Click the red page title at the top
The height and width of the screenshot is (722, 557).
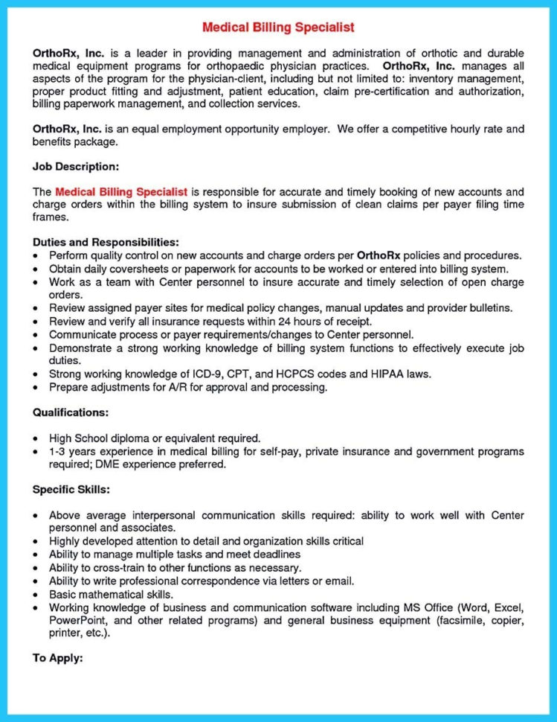[278, 28]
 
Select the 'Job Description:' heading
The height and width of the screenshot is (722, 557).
[76, 166]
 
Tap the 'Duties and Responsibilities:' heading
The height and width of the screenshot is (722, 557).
[105, 242]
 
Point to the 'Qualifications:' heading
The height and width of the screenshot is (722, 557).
[71, 412]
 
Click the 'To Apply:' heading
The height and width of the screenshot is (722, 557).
[58, 659]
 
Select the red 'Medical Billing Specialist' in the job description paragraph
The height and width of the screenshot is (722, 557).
[121, 191]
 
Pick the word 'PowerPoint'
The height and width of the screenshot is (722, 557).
[77, 619]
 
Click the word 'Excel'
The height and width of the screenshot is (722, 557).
[510, 607]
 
